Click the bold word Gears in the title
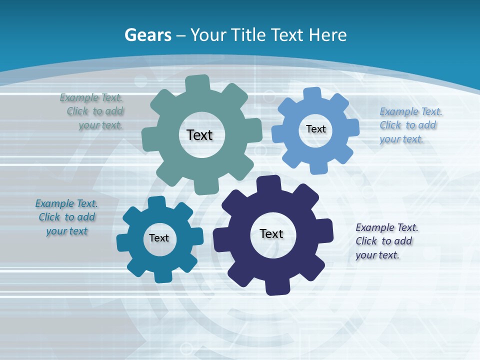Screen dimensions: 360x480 pyautogui.click(x=147, y=35)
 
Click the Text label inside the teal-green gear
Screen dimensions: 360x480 pyautogui.click(x=199, y=135)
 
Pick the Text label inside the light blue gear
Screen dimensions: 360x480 pyautogui.click(x=315, y=129)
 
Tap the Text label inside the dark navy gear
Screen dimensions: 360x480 pyautogui.click(x=271, y=233)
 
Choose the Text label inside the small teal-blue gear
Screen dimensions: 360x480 pyautogui.click(x=159, y=238)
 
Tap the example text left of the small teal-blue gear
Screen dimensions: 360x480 pyautogui.click(x=66, y=217)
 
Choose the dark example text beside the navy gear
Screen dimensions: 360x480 pyautogui.click(x=386, y=241)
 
